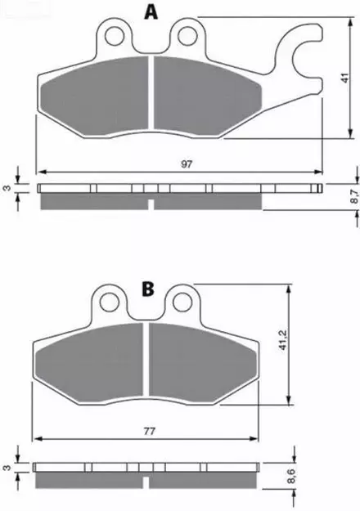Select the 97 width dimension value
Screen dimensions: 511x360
(x=187, y=164)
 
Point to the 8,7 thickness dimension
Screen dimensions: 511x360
(x=353, y=195)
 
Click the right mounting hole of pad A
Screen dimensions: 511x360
(x=188, y=34)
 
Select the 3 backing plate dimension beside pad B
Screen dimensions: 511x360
(x=7, y=469)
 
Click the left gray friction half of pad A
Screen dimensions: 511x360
(x=98, y=94)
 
